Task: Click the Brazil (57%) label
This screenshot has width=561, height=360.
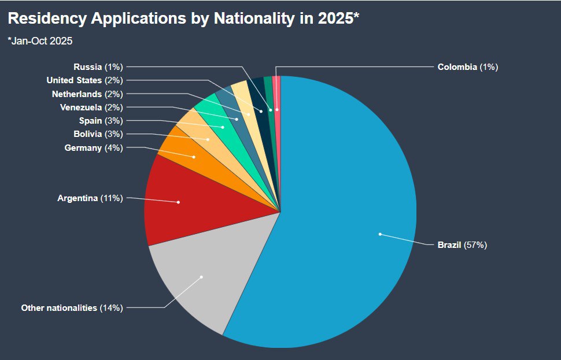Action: click(x=462, y=245)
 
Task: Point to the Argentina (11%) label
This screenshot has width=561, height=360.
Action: click(x=90, y=198)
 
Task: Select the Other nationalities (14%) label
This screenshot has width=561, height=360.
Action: click(x=72, y=308)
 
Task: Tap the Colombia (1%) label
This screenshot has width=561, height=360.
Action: click(x=467, y=67)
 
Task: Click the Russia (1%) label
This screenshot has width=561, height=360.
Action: click(x=98, y=67)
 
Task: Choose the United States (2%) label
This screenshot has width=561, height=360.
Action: click(x=84, y=80)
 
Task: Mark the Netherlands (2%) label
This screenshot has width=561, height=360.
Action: click(x=87, y=94)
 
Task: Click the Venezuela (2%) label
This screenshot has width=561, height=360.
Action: click(x=91, y=107)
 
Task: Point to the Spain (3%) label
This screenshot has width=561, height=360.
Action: click(x=100, y=121)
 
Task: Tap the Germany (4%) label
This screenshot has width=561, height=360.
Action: click(x=93, y=148)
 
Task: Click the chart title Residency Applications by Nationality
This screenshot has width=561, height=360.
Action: click(x=183, y=18)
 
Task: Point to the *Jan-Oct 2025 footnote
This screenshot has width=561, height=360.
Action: click(x=40, y=41)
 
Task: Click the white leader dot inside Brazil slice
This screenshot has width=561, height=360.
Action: click(x=380, y=234)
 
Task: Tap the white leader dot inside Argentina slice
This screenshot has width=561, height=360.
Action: click(x=178, y=202)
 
